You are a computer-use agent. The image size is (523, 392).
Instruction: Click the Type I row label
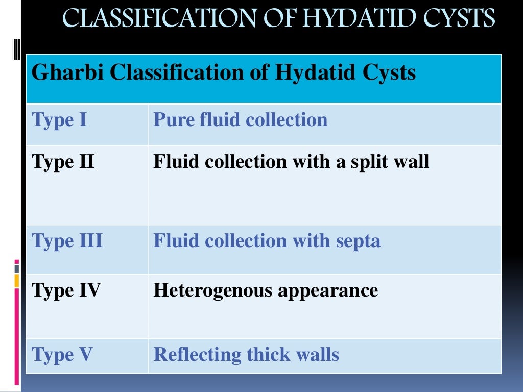[x=59, y=120]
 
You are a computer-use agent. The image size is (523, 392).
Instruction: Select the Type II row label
[x=63, y=162]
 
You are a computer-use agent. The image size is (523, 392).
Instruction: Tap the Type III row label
[x=67, y=240]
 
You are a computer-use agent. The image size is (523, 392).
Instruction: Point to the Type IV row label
[x=66, y=290]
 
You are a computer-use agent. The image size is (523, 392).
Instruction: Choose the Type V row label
[x=62, y=354]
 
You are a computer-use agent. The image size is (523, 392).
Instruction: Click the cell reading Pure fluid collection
[x=241, y=120]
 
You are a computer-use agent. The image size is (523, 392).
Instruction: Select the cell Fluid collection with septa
[x=267, y=240]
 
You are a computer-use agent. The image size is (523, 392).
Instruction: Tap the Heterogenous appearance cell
[x=266, y=290]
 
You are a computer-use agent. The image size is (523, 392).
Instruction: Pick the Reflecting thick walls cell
[x=246, y=354]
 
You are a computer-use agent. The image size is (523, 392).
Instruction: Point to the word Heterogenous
[x=213, y=290]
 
